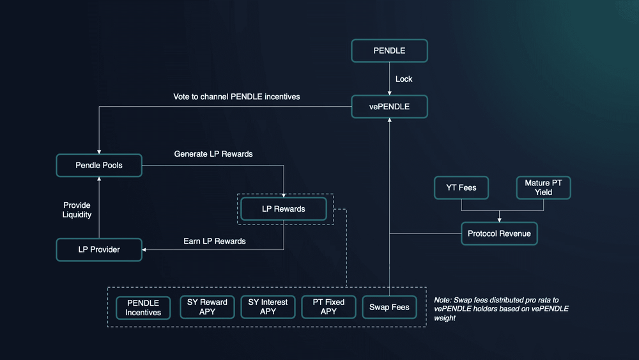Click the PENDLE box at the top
(x=389, y=50)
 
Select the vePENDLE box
(x=389, y=106)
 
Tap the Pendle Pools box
(x=99, y=165)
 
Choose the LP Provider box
(x=99, y=249)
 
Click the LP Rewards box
(x=284, y=208)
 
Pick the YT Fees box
(x=461, y=187)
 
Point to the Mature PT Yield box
(x=543, y=187)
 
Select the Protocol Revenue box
(x=499, y=233)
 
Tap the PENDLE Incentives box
(x=143, y=307)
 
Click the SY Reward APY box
(x=207, y=307)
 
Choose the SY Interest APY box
(x=268, y=307)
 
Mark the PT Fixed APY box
(x=328, y=307)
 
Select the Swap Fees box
(x=389, y=307)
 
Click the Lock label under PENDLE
(x=404, y=79)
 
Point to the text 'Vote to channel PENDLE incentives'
(x=236, y=97)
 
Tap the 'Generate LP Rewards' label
(x=213, y=154)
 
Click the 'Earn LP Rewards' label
(x=215, y=241)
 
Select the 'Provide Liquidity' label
(x=77, y=210)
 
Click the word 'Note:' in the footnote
(x=444, y=300)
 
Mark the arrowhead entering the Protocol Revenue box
(x=499, y=219)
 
